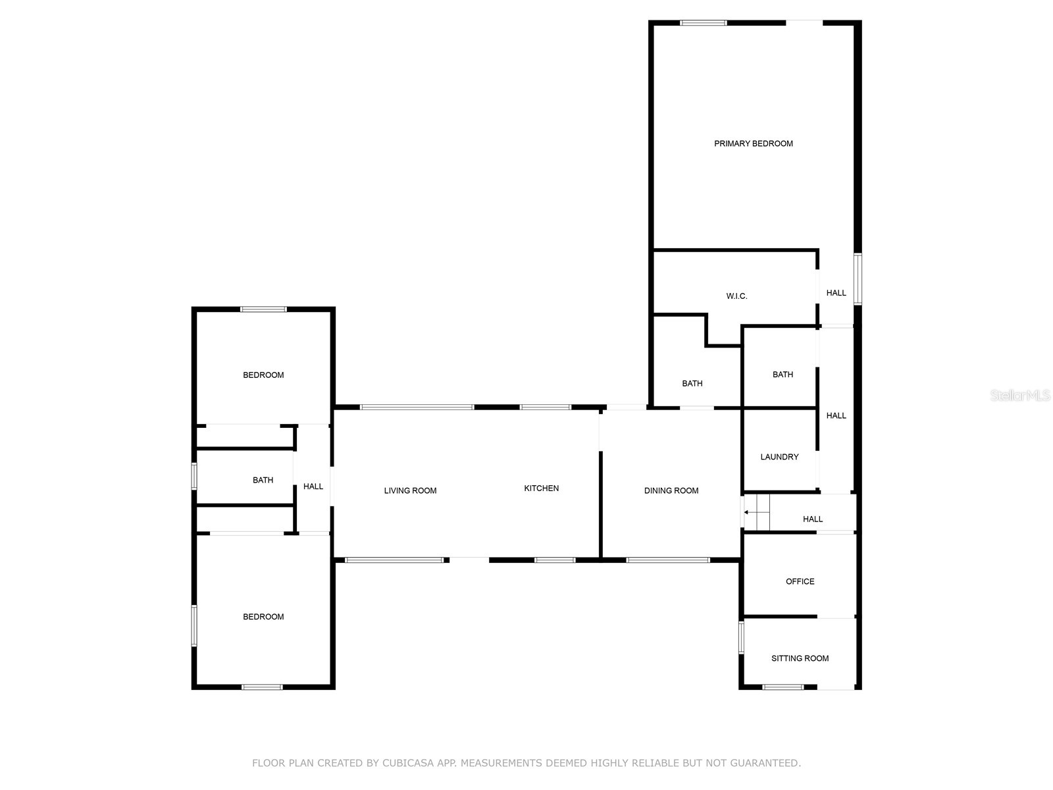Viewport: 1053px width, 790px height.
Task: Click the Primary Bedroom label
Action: (x=754, y=144)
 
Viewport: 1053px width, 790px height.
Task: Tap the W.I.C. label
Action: (x=736, y=296)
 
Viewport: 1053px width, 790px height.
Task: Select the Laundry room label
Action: (x=779, y=457)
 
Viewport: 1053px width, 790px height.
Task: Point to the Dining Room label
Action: (x=671, y=490)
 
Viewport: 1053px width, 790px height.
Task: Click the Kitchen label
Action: (x=541, y=488)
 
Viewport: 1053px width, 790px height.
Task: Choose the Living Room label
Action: (x=410, y=490)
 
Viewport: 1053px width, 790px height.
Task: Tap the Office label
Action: (x=800, y=581)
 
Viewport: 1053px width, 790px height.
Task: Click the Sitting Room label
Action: (x=800, y=658)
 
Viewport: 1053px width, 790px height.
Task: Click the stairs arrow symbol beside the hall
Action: (x=746, y=512)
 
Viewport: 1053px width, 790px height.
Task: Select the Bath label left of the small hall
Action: (x=263, y=481)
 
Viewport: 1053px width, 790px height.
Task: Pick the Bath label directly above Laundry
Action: (x=783, y=375)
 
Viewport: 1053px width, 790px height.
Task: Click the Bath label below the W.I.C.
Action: (x=692, y=384)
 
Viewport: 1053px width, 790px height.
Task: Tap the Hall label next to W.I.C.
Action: (x=836, y=293)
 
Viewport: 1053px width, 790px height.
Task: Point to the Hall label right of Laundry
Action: (x=836, y=415)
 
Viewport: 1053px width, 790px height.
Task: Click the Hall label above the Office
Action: (x=813, y=519)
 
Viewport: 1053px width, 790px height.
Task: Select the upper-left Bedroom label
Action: (x=263, y=375)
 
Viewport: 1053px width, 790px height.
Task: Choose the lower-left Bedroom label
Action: (x=263, y=617)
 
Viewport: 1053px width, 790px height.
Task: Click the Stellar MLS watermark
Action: (x=1020, y=396)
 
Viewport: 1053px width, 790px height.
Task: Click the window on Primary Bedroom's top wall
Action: (x=703, y=23)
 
